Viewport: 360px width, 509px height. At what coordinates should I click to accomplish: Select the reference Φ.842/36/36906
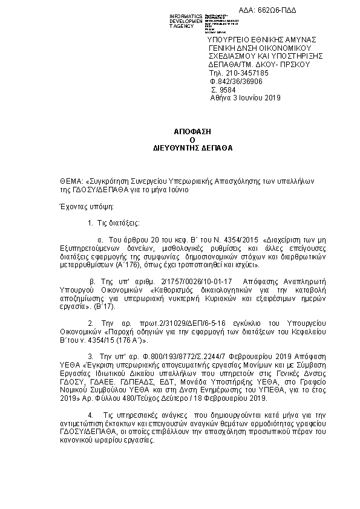(236, 80)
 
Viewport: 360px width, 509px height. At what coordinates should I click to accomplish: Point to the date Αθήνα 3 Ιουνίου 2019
(246, 97)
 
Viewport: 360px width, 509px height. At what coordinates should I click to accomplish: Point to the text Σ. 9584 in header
(221, 89)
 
